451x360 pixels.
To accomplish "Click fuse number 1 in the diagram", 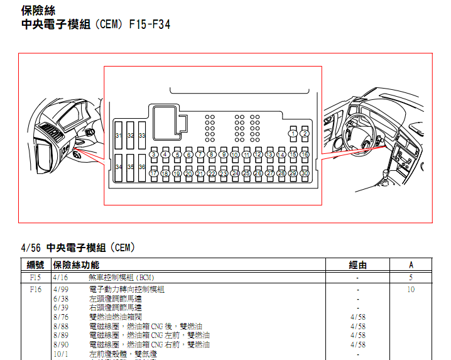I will pos(293,133).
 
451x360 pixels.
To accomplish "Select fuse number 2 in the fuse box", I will pos(305,133).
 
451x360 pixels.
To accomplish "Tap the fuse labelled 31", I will pos(119,136).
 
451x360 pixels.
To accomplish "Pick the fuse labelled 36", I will pos(142,167).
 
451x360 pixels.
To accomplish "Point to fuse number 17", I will pos(154,173).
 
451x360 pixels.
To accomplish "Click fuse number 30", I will pos(304,173).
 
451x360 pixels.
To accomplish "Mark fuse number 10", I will pos(235,155).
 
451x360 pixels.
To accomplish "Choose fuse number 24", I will pos(235,173).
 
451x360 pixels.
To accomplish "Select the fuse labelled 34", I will pos(119,167).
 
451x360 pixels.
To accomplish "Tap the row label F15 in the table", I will pos(35,277).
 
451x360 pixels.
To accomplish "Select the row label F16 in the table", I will pos(35,290).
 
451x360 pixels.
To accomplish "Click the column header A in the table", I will pos(411,265).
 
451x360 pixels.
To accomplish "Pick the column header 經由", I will pos(358,265).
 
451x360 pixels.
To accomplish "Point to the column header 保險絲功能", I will pos(76,265).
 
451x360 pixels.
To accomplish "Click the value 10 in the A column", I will pos(411,290).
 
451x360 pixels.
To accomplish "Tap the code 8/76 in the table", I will pos(61,317).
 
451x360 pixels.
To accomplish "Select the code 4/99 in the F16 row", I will pos(61,290).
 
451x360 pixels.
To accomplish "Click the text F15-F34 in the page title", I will pos(150,25).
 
